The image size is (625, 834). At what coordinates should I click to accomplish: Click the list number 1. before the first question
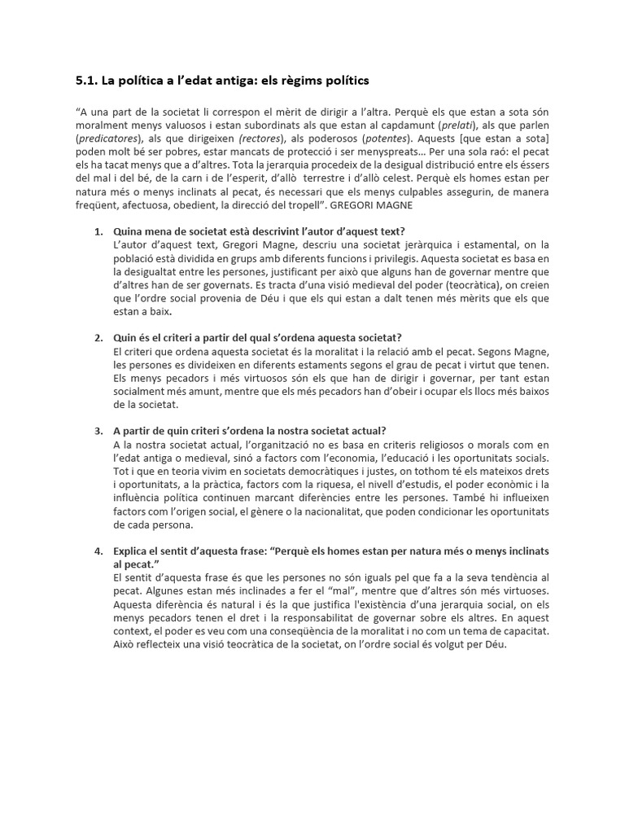pyautogui.click(x=98, y=231)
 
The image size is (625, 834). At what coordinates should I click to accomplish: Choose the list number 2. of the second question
pyautogui.click(x=98, y=337)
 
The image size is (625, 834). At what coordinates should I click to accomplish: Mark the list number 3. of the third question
pyautogui.click(x=98, y=431)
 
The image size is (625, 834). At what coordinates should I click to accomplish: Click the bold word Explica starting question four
pyautogui.click(x=133, y=551)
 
